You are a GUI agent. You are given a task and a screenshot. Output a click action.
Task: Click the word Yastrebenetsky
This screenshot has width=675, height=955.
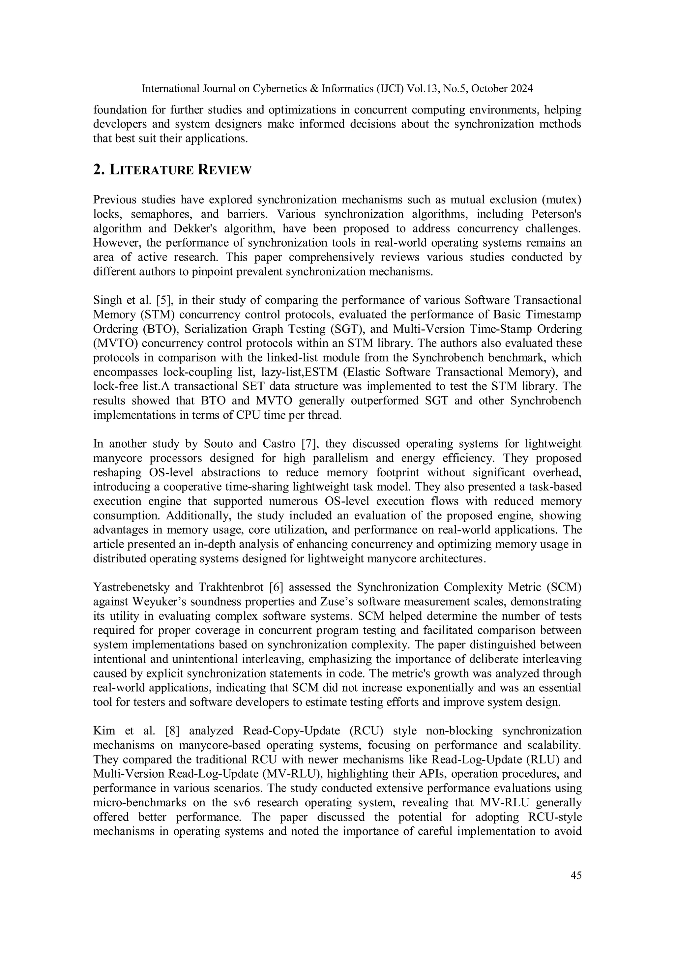click(x=130, y=587)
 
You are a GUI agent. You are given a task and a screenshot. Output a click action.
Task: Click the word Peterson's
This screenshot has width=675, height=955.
click(x=556, y=214)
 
